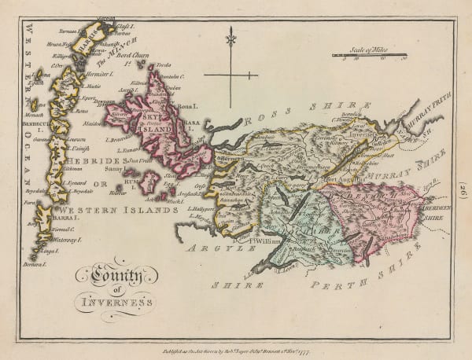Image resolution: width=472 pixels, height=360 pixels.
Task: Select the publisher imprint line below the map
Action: pos(236,332)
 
